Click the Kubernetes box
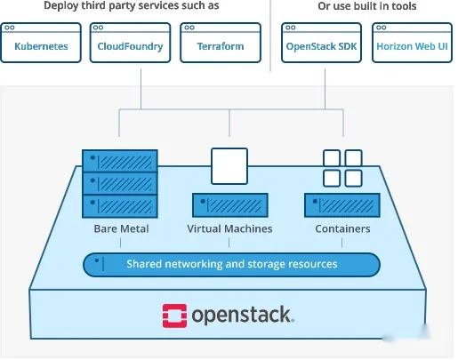click(41, 43)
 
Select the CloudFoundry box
click(130, 43)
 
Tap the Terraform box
click(221, 43)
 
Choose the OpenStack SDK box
click(321, 43)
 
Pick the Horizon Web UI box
click(412, 43)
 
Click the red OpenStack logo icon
click(174, 316)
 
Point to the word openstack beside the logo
click(243, 316)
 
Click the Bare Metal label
click(121, 228)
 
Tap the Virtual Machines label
click(229, 228)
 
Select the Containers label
click(342, 228)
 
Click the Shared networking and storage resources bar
click(231, 265)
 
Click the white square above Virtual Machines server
click(229, 166)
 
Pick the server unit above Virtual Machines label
click(230, 205)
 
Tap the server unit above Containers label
click(342, 205)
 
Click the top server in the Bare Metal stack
click(120, 161)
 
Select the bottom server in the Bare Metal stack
click(120, 206)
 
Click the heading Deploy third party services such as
click(132, 5)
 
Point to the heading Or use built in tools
click(367, 6)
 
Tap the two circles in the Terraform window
click(189, 28)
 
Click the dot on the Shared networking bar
click(97, 260)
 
